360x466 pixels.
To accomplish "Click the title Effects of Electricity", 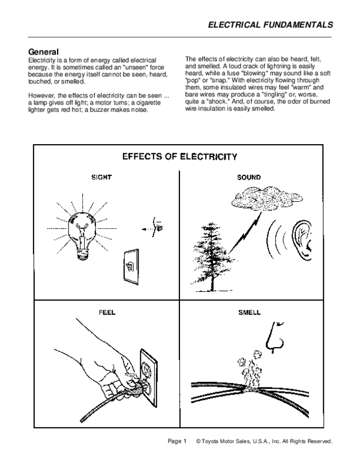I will [x=179, y=157].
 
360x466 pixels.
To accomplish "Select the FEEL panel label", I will [x=107, y=312].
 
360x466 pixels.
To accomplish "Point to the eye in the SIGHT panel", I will [x=158, y=228].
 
